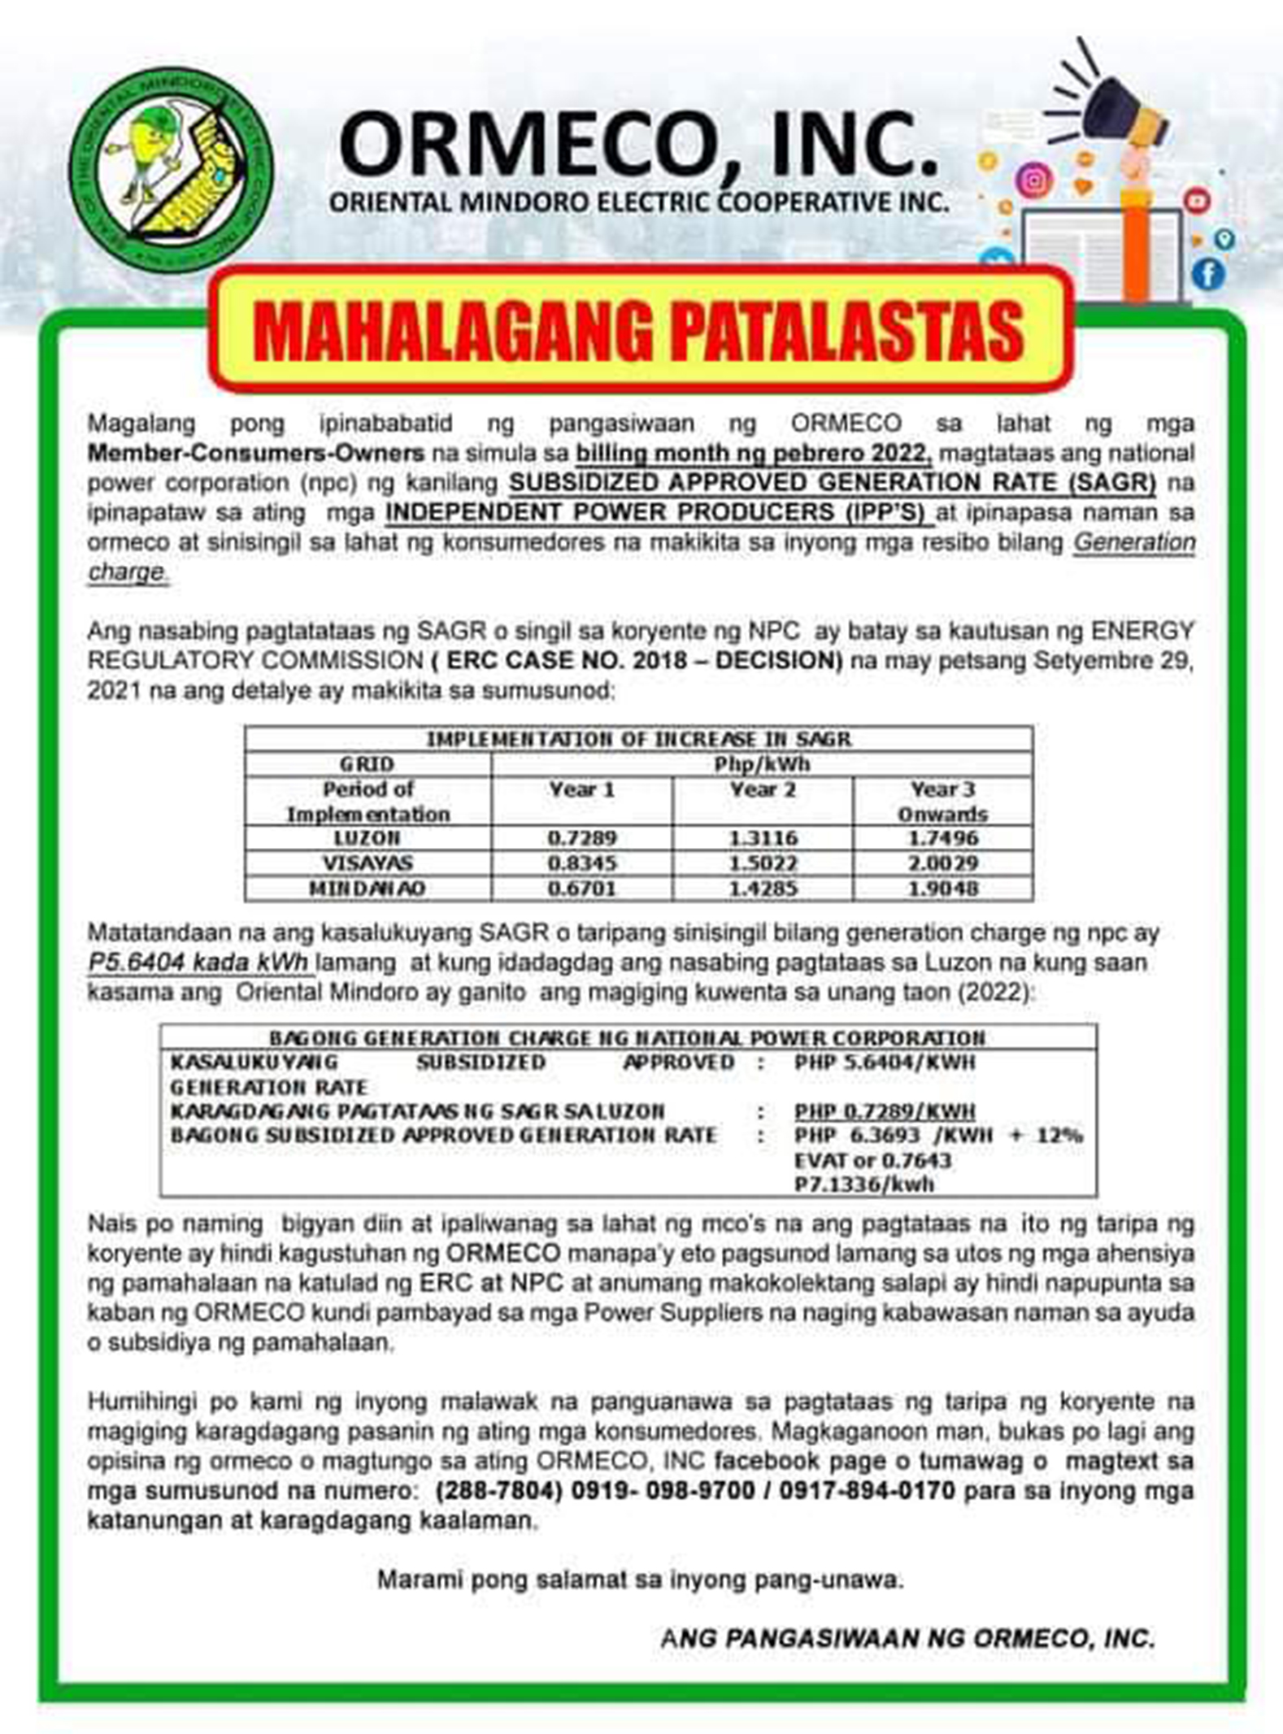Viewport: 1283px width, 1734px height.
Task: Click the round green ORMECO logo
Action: [x=171, y=171]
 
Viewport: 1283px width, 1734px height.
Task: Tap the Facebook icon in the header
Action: [x=1208, y=273]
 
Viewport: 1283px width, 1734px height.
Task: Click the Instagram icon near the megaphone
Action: [x=1034, y=179]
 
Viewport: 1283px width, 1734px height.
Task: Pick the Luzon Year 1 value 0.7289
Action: [x=581, y=837]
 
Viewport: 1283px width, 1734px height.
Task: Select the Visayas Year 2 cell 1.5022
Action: [x=763, y=863]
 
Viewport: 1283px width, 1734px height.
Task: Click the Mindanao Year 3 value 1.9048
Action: [x=943, y=888]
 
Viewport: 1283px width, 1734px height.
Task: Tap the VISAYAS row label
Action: [x=368, y=863]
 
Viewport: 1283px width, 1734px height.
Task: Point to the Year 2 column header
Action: [x=763, y=789]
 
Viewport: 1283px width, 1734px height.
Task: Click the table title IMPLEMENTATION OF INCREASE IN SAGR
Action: [x=639, y=739]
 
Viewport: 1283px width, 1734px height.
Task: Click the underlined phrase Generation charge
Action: [x=1134, y=542]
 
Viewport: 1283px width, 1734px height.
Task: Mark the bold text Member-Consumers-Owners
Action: [x=255, y=453]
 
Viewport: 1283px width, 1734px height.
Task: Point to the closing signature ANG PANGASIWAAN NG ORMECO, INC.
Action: [x=907, y=1637]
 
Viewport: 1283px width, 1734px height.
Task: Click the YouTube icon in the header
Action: [x=1197, y=199]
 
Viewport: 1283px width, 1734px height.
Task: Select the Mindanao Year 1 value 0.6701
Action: [x=581, y=888]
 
